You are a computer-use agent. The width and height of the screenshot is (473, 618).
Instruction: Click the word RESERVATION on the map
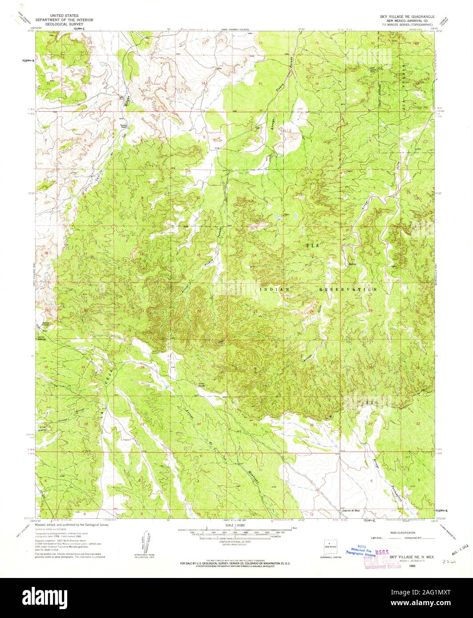[348, 289]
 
